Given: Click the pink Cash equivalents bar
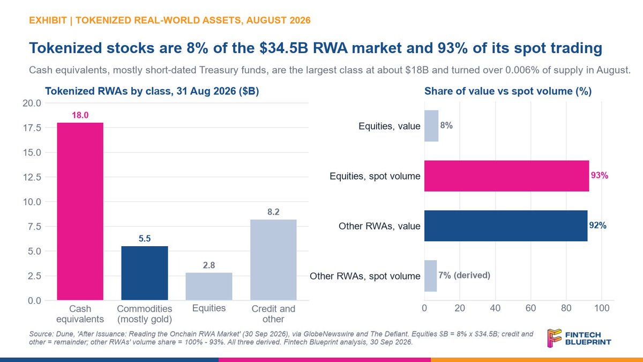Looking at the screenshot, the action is pyautogui.click(x=80, y=211).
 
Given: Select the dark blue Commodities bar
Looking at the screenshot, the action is pyautogui.click(x=145, y=273).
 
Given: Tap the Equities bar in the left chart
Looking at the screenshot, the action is pyautogui.click(x=209, y=286).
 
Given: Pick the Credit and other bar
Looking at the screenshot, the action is pyautogui.click(x=273, y=260).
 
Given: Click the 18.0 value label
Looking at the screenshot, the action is pyautogui.click(x=80, y=115).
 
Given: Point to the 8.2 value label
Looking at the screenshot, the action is pyautogui.click(x=273, y=212).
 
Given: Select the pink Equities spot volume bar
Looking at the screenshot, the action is pyautogui.click(x=507, y=176).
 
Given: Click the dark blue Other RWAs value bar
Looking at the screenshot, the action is pyautogui.click(x=506, y=226).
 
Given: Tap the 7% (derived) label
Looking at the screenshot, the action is pyautogui.click(x=464, y=276).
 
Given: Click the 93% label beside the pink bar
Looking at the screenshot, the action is pyautogui.click(x=600, y=175).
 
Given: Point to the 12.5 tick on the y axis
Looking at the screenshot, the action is pyautogui.click(x=32, y=178).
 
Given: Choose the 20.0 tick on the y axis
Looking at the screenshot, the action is pyautogui.click(x=32, y=103).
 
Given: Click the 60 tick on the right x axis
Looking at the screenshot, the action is pyautogui.click(x=530, y=308).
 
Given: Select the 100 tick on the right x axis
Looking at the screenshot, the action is pyautogui.click(x=602, y=308).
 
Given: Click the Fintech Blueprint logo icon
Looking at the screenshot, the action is pyautogui.click(x=554, y=338).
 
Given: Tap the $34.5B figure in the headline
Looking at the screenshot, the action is pyautogui.click(x=283, y=48).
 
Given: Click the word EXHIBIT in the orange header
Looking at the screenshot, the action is pyautogui.click(x=48, y=20).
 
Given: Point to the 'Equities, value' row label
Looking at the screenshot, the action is pyautogui.click(x=389, y=126).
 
